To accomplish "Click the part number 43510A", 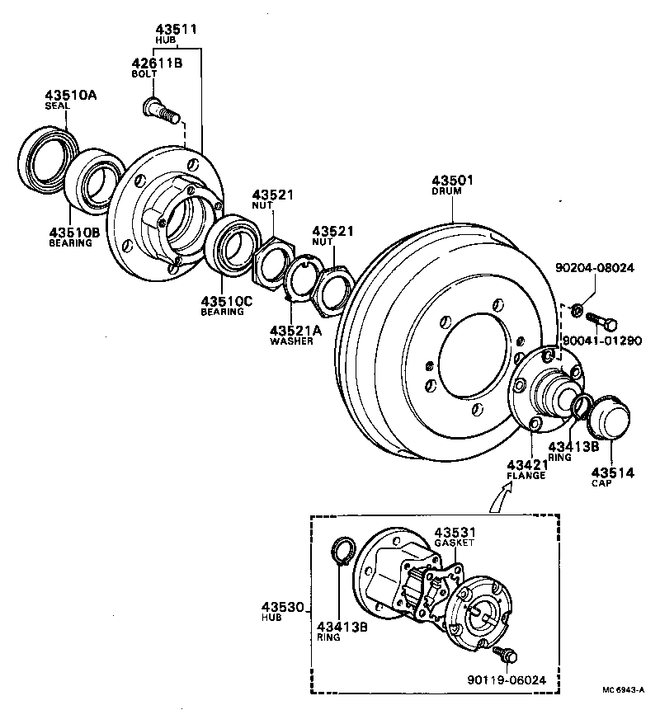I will coord(71,96).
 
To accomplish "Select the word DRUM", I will coord(446,191).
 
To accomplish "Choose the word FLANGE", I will coord(526,476).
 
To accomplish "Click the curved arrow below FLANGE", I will coord(498,496).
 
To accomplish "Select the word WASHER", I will coord(291,341).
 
